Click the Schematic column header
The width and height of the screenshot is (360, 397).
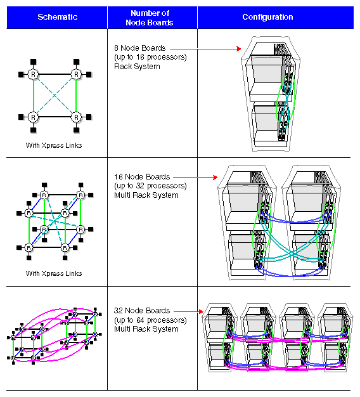(56, 18)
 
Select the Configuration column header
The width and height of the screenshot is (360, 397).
(267, 17)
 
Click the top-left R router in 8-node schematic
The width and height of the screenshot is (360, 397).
(34, 74)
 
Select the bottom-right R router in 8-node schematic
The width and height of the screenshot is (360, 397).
(76, 117)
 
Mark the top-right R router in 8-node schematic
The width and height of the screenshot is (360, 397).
(76, 74)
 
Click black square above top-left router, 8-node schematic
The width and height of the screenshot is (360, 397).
(34, 62)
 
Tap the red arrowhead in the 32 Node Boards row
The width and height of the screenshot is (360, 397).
(202, 311)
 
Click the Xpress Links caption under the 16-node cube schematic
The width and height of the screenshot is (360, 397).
(54, 274)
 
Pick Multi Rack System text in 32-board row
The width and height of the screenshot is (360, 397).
(146, 329)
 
